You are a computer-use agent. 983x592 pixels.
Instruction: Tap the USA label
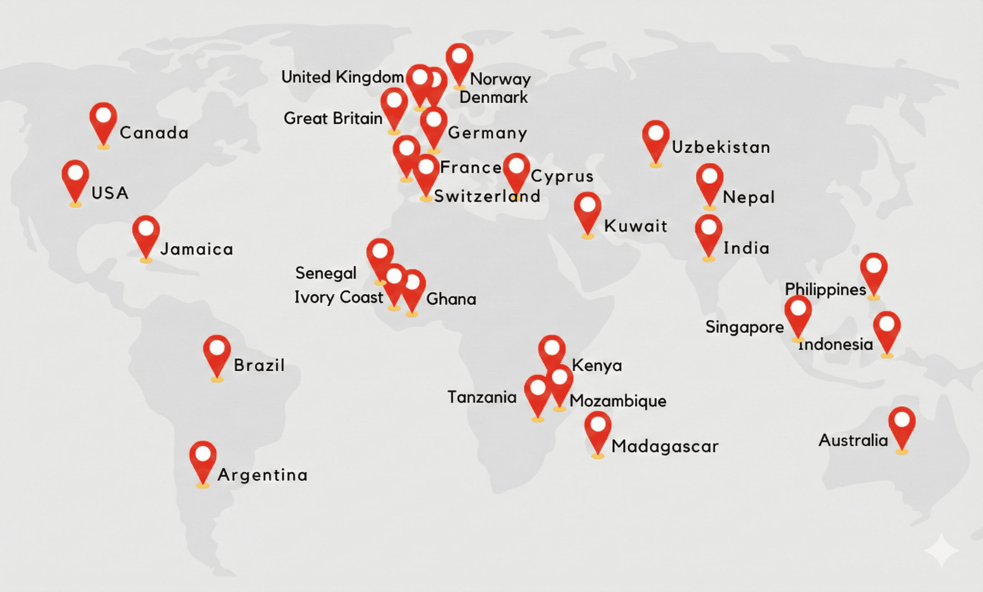(110, 193)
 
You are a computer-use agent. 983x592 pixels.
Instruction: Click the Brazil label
(259, 365)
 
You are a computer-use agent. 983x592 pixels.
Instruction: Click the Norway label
(500, 79)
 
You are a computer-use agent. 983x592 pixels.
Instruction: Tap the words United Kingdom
(342, 77)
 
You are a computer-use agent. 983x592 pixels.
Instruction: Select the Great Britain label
(333, 119)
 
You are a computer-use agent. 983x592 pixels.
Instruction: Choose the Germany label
(487, 133)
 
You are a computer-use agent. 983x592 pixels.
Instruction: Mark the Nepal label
(748, 197)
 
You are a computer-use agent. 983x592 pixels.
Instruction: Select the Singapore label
(745, 327)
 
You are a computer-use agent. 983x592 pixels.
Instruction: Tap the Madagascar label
(665, 446)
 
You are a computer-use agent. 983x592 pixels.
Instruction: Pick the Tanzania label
(482, 397)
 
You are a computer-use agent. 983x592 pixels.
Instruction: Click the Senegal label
(326, 273)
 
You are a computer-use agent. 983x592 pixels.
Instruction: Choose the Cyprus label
(562, 176)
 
